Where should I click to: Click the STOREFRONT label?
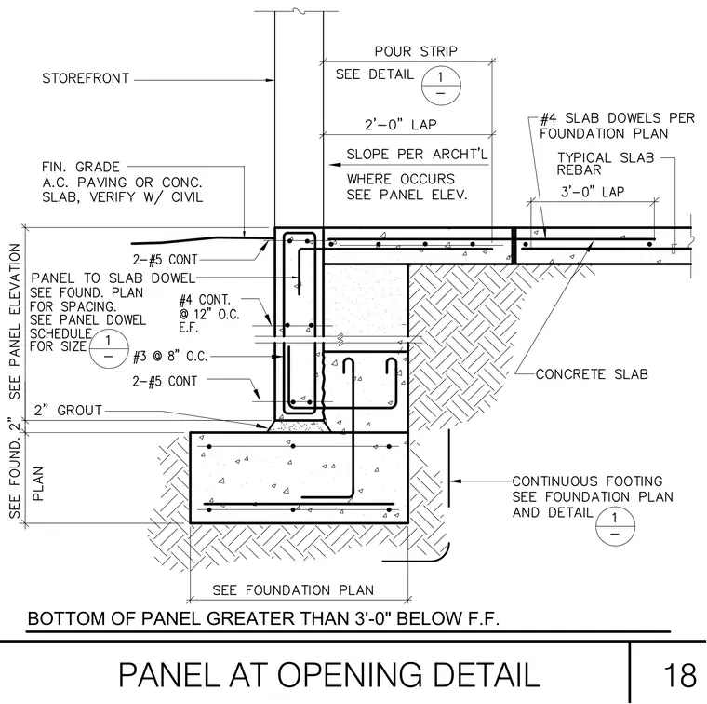point(86,78)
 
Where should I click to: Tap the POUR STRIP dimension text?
point(416,51)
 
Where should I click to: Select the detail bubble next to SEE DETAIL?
point(441,86)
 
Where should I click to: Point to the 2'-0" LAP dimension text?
point(400,124)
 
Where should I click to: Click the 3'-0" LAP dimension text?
point(593,192)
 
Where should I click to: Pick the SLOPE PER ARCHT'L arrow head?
point(334,164)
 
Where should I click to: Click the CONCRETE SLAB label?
point(592,374)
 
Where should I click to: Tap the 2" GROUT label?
point(68,411)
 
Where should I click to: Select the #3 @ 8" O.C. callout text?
point(170,357)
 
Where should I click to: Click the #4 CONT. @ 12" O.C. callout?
point(209,314)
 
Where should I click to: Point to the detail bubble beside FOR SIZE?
point(109,349)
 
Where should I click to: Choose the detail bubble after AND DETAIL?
point(615,526)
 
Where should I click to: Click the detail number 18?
point(680,675)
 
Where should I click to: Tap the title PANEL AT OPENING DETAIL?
point(329,675)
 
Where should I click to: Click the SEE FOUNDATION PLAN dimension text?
point(293,590)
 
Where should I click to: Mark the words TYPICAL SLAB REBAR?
point(605,164)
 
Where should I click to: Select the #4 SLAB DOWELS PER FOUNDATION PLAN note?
point(618,126)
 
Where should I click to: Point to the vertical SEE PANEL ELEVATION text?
point(15,321)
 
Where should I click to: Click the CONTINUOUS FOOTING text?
point(587,481)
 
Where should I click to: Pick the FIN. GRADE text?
point(81,167)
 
